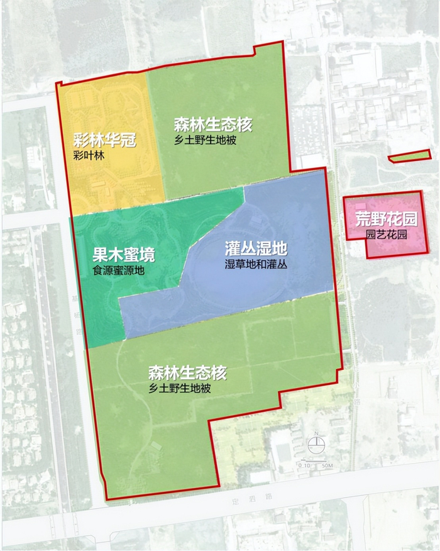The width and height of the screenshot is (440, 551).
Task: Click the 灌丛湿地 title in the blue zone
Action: point(256,250)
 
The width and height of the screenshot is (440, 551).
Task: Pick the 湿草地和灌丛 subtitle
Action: point(256,265)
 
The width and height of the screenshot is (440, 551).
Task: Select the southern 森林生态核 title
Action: point(187,373)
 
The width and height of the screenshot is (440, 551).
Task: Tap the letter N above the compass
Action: point(317,434)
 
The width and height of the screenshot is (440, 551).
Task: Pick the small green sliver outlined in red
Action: point(410,156)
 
